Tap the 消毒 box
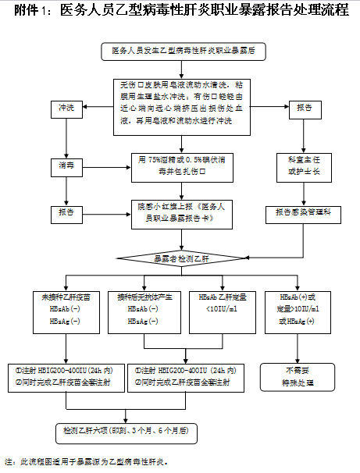point(66,165)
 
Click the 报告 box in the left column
point(66,212)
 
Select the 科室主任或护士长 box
point(305,165)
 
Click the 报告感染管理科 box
point(305,212)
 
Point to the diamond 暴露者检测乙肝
point(181,257)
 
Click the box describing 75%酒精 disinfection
point(181,165)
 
